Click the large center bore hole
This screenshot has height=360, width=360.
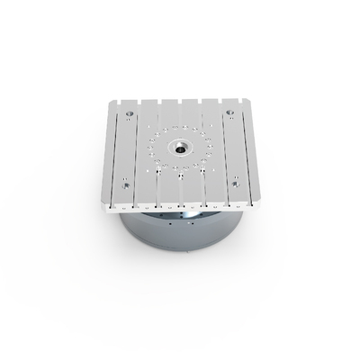[x=179, y=146]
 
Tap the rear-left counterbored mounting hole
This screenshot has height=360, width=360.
[x=130, y=113]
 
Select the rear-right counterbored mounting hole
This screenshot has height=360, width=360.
[x=230, y=113]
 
